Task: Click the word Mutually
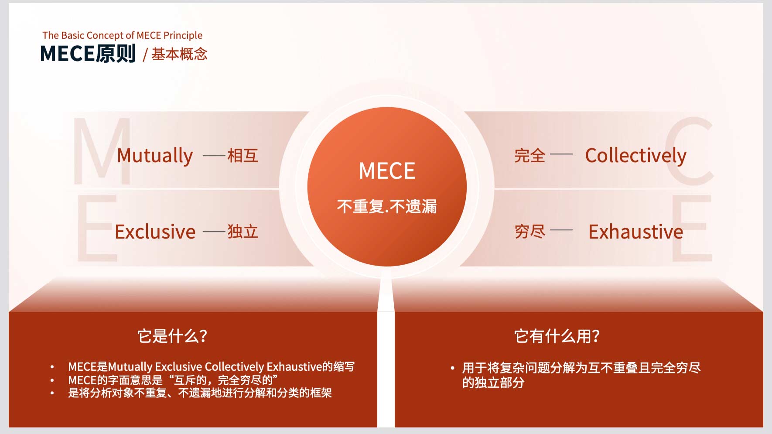155,156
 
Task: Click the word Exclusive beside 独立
155,232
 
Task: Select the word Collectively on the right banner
635,156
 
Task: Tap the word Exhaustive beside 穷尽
635,232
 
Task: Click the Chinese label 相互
243,156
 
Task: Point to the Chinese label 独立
243,232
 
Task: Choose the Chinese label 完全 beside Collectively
530,156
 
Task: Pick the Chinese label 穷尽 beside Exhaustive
530,232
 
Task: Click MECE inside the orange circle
387,171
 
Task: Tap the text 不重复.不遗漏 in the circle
387,206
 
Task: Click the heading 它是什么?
172,336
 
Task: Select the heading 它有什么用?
557,336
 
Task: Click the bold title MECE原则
88,54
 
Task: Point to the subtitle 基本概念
179,54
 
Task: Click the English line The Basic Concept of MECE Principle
123,35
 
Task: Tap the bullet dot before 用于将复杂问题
452,369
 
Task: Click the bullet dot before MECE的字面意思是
52,380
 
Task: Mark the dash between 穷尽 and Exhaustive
561,230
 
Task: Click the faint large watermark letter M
102,151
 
